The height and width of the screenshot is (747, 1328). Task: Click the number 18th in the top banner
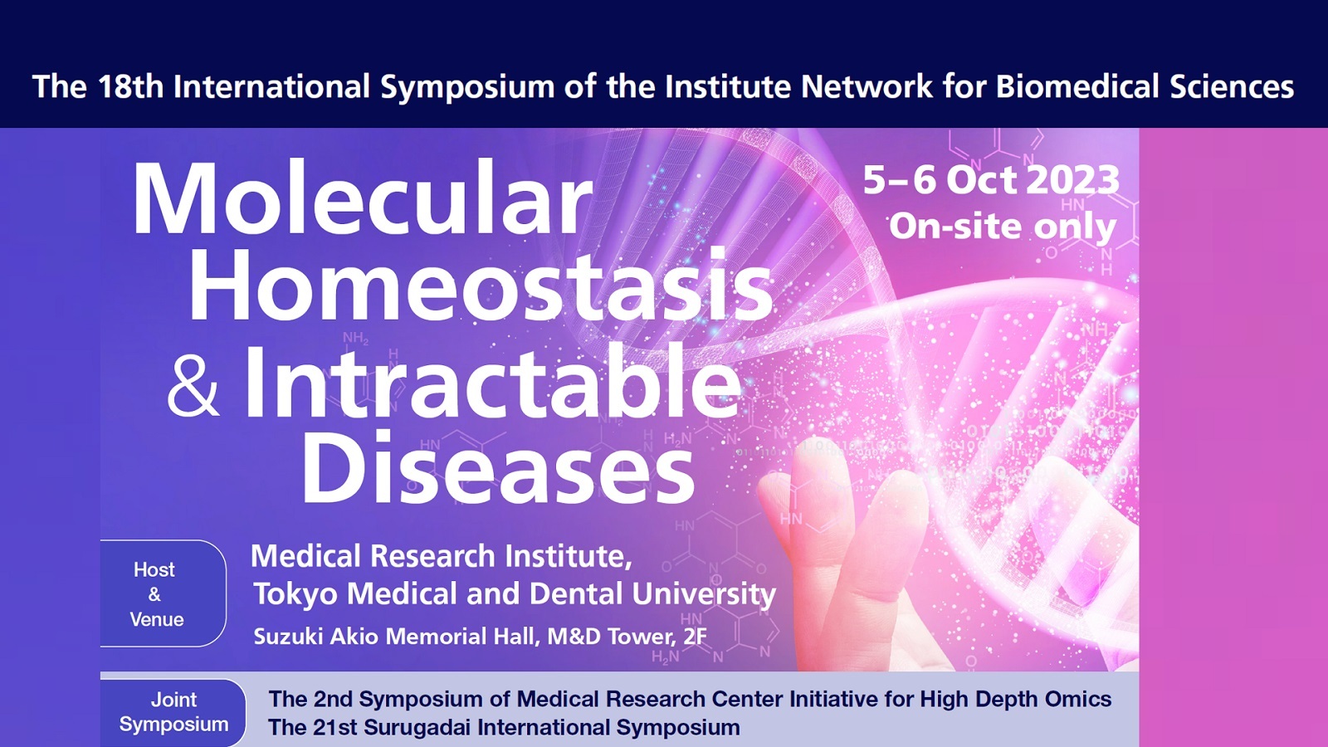[x=130, y=86]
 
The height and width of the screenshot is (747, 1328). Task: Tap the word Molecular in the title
[x=362, y=198]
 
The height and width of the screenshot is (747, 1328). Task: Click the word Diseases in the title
[x=498, y=466]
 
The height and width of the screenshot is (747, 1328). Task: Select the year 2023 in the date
[x=1072, y=180]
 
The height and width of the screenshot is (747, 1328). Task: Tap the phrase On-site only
[x=1003, y=227]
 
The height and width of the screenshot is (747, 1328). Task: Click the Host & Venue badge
[x=161, y=593]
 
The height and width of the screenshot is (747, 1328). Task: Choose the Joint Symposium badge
[x=173, y=712]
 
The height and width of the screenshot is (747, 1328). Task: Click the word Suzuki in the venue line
[x=289, y=636]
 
